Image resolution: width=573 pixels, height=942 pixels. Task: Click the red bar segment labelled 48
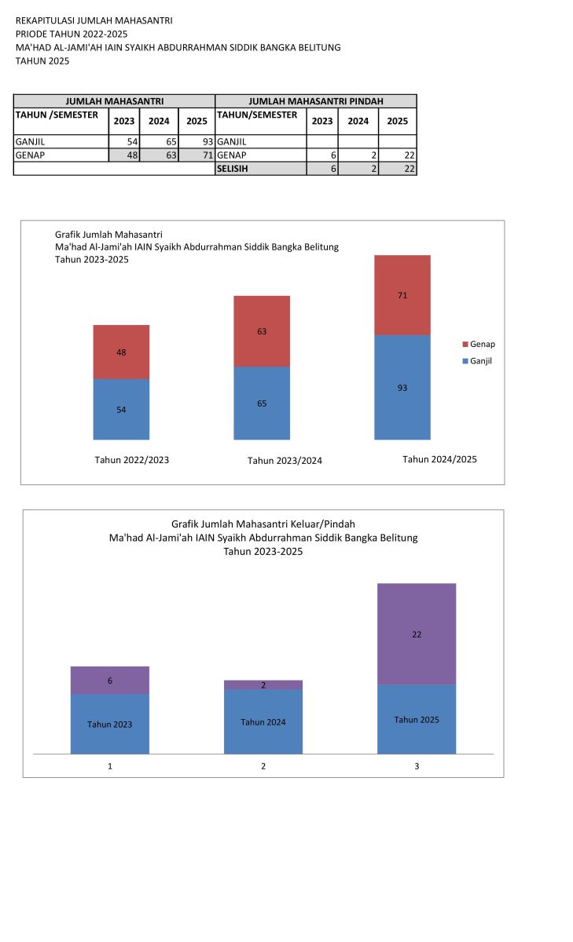tap(121, 352)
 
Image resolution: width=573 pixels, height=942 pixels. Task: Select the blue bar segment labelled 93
tap(402, 387)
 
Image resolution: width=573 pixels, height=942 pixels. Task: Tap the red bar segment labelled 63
tap(262, 331)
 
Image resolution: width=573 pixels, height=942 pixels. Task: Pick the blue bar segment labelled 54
tap(121, 409)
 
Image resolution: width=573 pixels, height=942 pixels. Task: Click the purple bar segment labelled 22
tap(417, 633)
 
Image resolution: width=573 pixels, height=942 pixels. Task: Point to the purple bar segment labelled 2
tap(263, 685)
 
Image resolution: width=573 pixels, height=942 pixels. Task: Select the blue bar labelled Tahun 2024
tap(263, 722)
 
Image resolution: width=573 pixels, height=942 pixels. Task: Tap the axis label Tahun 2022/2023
tap(132, 460)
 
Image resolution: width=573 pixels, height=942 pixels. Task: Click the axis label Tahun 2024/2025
tap(439, 459)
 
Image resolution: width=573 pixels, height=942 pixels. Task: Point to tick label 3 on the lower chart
tap(417, 765)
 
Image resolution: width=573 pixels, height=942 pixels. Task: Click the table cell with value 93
tap(197, 142)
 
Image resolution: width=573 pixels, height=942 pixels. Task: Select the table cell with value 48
tap(124, 155)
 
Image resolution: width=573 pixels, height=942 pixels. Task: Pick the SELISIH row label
tap(260, 169)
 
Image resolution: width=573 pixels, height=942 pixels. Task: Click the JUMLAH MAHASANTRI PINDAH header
tap(316, 101)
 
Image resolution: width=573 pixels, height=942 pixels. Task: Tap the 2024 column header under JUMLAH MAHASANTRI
tap(159, 122)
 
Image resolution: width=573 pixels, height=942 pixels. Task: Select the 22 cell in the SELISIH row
tap(398, 169)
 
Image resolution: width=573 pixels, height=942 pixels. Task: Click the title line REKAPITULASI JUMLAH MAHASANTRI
tap(94, 20)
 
